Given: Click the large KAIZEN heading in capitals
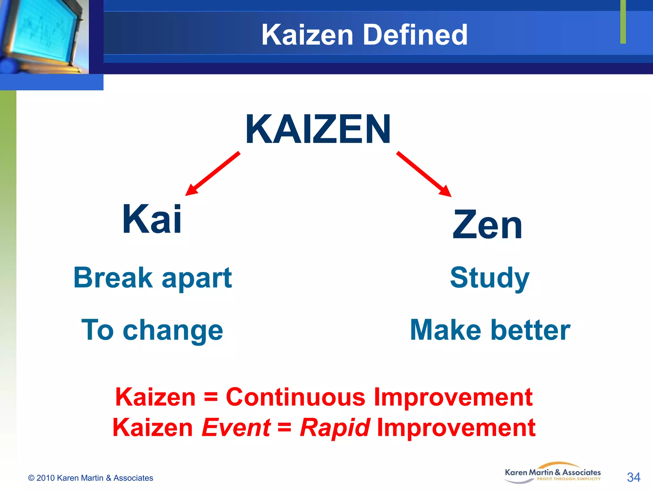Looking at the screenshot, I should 318,130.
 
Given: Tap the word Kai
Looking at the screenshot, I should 152,220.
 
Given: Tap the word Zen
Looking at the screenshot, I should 487,225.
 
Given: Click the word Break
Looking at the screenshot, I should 113,278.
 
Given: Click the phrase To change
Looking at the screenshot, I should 152,330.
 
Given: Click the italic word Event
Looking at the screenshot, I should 236,427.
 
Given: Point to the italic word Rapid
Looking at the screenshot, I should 335,427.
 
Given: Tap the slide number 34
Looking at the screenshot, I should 633,477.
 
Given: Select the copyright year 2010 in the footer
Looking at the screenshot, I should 46,478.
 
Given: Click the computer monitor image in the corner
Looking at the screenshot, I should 43,35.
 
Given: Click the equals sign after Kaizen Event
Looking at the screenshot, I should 284,427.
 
